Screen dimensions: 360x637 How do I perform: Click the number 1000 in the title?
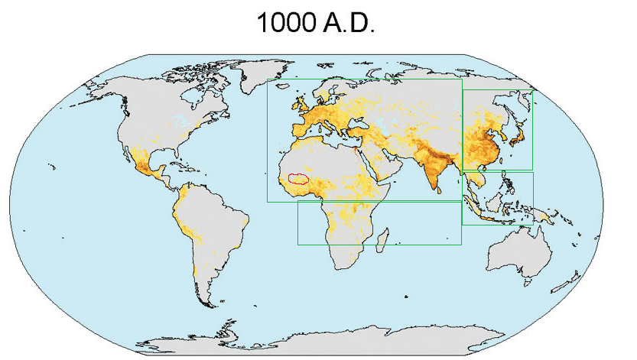click(x=283, y=23)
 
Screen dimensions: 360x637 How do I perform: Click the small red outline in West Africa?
click(x=297, y=178)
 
